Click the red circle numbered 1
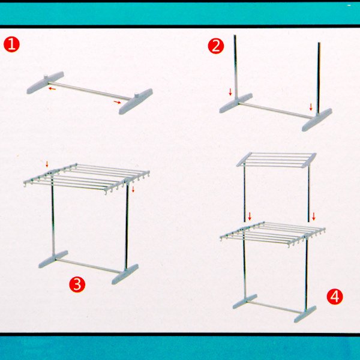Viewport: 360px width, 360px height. [x=12, y=44]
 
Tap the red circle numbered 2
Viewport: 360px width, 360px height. [x=216, y=46]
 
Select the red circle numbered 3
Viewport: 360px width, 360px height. [x=77, y=284]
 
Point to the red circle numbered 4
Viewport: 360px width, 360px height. [x=335, y=296]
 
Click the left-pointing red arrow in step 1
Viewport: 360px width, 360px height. [x=52, y=88]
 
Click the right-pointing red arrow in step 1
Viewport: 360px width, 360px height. [x=117, y=102]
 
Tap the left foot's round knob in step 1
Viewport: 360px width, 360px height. [x=46, y=76]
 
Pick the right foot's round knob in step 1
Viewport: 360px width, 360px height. [x=137, y=95]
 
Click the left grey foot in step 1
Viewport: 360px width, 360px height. [x=45, y=82]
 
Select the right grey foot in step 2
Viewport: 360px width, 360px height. [x=317, y=119]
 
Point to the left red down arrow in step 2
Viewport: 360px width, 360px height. [x=230, y=92]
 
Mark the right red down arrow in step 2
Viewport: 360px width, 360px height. [x=311, y=107]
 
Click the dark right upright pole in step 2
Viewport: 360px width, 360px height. [x=319, y=77]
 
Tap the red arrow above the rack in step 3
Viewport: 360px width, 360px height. [x=47, y=164]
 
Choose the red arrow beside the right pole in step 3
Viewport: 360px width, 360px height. [x=133, y=190]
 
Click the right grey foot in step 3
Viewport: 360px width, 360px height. [x=125, y=274]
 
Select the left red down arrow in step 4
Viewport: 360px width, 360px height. [x=250, y=216]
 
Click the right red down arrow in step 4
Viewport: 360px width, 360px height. [x=314, y=216]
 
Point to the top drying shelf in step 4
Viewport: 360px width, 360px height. [x=277, y=160]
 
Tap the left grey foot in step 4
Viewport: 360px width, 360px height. [x=245, y=301]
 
